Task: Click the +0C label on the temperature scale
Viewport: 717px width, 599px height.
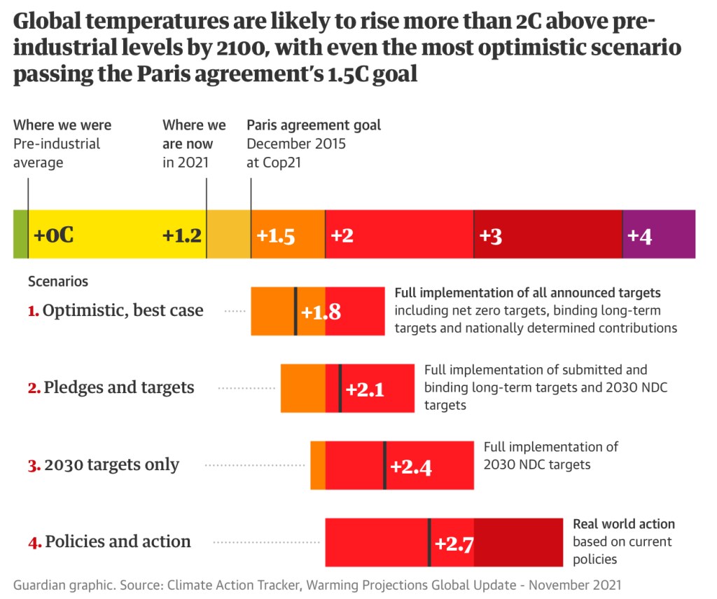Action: tap(53, 235)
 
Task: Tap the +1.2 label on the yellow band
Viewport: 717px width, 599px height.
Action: tap(182, 235)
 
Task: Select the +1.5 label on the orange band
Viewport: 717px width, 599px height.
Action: tap(275, 236)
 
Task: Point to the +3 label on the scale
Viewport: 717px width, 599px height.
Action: tap(491, 236)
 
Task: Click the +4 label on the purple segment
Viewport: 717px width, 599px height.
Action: tap(639, 236)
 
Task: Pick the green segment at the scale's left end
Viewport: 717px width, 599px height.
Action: tap(20, 234)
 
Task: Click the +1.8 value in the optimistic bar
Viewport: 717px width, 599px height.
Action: tap(321, 312)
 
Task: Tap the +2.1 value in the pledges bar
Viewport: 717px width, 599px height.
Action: tap(365, 389)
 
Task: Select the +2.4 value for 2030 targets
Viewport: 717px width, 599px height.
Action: tap(410, 466)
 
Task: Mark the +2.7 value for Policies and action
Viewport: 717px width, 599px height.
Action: tap(455, 543)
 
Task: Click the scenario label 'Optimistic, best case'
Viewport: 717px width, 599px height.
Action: tap(123, 310)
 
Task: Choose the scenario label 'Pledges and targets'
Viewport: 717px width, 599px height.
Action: tap(119, 387)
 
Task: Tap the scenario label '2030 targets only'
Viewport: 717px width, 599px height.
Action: tap(112, 464)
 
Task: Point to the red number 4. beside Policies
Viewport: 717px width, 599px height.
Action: tap(34, 542)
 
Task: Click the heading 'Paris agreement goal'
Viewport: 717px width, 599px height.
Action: tap(314, 125)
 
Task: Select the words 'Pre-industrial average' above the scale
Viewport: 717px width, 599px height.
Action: tap(57, 153)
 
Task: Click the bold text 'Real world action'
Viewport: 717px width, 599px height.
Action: tap(624, 524)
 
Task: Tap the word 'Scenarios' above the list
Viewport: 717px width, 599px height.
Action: tap(58, 282)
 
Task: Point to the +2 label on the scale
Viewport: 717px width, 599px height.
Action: tap(342, 236)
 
